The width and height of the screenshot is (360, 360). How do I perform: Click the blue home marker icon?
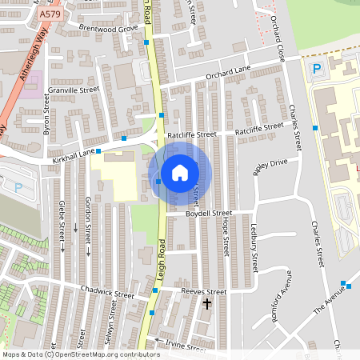point(180,172)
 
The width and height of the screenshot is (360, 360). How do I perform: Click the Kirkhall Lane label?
point(74,150)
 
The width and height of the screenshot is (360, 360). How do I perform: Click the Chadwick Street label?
point(107,294)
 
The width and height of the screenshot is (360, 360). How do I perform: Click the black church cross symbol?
point(207,305)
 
